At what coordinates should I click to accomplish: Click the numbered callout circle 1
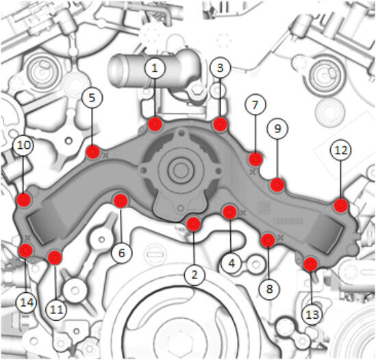155,68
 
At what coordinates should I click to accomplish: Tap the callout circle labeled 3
220,68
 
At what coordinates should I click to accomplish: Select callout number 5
92,97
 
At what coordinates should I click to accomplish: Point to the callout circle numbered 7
255,105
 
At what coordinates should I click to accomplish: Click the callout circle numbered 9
277,128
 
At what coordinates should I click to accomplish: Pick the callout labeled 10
23,145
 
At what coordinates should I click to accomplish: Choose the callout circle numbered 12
341,150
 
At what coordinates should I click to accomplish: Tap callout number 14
27,302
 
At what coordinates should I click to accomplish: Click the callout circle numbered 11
56,309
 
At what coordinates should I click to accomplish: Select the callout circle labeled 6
122,252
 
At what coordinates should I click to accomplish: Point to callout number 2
195,274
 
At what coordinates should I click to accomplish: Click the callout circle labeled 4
231,263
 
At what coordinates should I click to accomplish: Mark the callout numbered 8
270,289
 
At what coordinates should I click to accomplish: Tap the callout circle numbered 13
312,314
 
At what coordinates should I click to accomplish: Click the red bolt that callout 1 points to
155,124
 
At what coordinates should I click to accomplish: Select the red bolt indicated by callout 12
341,206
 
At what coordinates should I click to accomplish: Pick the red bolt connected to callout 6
121,201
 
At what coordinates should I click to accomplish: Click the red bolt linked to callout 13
310,264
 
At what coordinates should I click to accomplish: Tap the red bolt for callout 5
92,152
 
